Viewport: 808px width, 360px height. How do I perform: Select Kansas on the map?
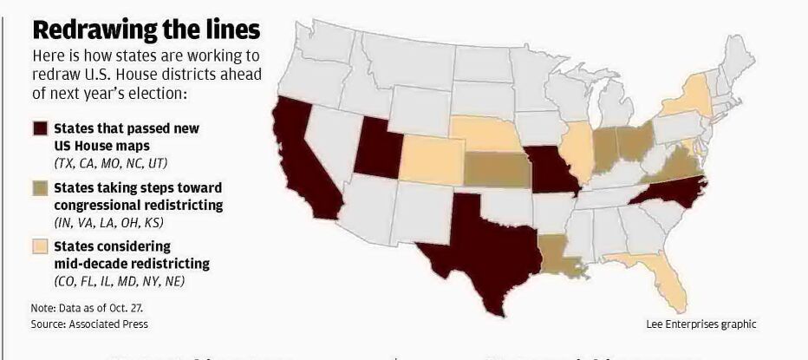(497, 169)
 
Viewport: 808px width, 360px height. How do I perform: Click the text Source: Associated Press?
(89, 324)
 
